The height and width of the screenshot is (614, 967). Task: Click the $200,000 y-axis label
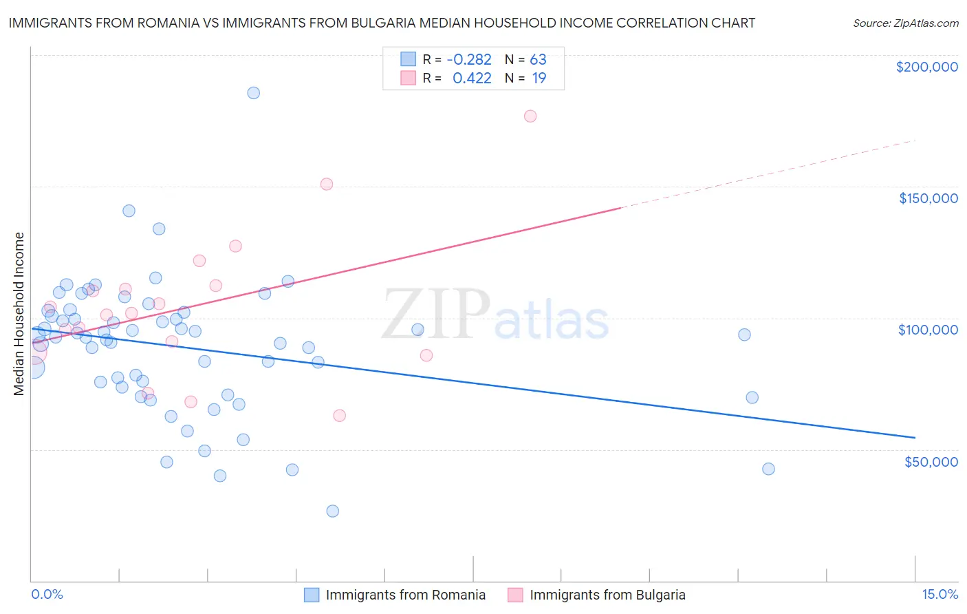[x=926, y=67]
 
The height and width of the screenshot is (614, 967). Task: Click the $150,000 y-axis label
[x=928, y=198]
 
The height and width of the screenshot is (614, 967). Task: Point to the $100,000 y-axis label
[x=928, y=330]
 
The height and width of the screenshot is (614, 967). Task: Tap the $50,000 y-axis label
[x=931, y=461]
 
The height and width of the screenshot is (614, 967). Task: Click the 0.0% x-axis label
[x=47, y=594]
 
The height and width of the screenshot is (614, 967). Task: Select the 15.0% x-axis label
[x=939, y=594]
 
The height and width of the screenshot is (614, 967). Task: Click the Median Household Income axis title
[x=19, y=314]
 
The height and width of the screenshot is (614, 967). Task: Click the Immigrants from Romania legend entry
[x=405, y=595]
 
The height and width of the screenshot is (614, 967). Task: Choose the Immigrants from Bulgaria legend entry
[x=607, y=595]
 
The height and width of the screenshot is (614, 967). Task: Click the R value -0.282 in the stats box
[x=469, y=60]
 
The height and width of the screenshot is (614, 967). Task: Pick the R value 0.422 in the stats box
[x=472, y=78]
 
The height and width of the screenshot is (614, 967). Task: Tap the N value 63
[x=538, y=60]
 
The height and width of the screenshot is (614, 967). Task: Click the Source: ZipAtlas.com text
[x=905, y=23]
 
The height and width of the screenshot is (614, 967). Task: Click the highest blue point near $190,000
[x=254, y=93]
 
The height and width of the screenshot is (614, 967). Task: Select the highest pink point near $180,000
[x=530, y=116]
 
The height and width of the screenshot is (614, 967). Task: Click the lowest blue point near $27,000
[x=333, y=511]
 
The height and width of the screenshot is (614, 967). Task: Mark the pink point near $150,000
[x=327, y=184]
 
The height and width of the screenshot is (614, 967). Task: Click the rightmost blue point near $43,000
[x=769, y=469]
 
